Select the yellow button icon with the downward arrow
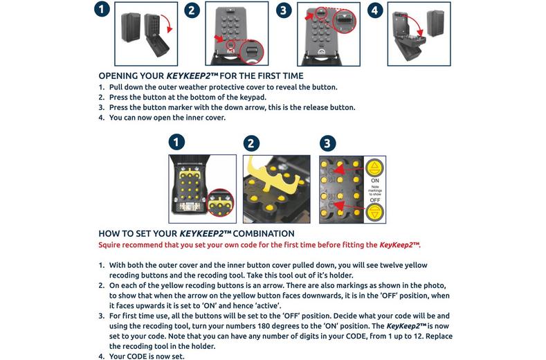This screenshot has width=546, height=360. point(374,210)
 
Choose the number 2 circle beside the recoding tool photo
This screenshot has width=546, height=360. point(253,143)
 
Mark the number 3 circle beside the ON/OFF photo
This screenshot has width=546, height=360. point(327,143)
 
